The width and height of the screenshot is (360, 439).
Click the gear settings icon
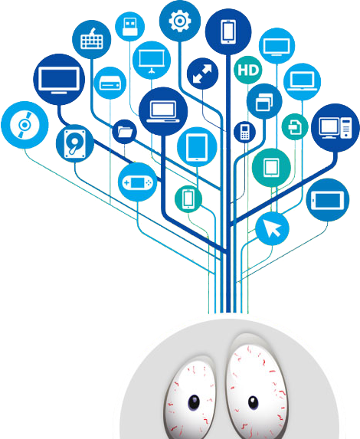tap(180, 21)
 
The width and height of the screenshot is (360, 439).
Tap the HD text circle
tap(247, 70)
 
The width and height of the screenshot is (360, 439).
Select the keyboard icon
tap(92, 40)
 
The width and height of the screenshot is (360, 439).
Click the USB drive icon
tap(129, 27)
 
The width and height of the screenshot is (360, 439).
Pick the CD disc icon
tap(25, 125)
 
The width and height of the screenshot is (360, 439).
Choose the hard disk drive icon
tap(75, 143)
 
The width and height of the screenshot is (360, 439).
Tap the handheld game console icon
tap(137, 182)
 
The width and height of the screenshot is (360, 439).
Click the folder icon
tap(125, 132)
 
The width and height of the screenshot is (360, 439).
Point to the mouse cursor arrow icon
tap(272, 228)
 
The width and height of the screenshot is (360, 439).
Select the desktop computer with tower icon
tap(335, 128)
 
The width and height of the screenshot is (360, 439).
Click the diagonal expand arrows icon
tap(202, 74)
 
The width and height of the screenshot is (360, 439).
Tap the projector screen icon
tap(152, 61)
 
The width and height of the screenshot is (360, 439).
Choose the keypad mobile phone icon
tap(244, 132)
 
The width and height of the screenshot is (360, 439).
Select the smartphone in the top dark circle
tap(228, 31)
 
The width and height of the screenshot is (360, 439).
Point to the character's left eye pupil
tap(194, 402)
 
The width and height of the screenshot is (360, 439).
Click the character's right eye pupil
tap(253, 403)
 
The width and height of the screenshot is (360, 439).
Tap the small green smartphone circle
tap(188, 198)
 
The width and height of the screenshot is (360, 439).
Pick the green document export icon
tap(295, 127)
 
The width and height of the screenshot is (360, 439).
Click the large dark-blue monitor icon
tap(59, 80)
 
